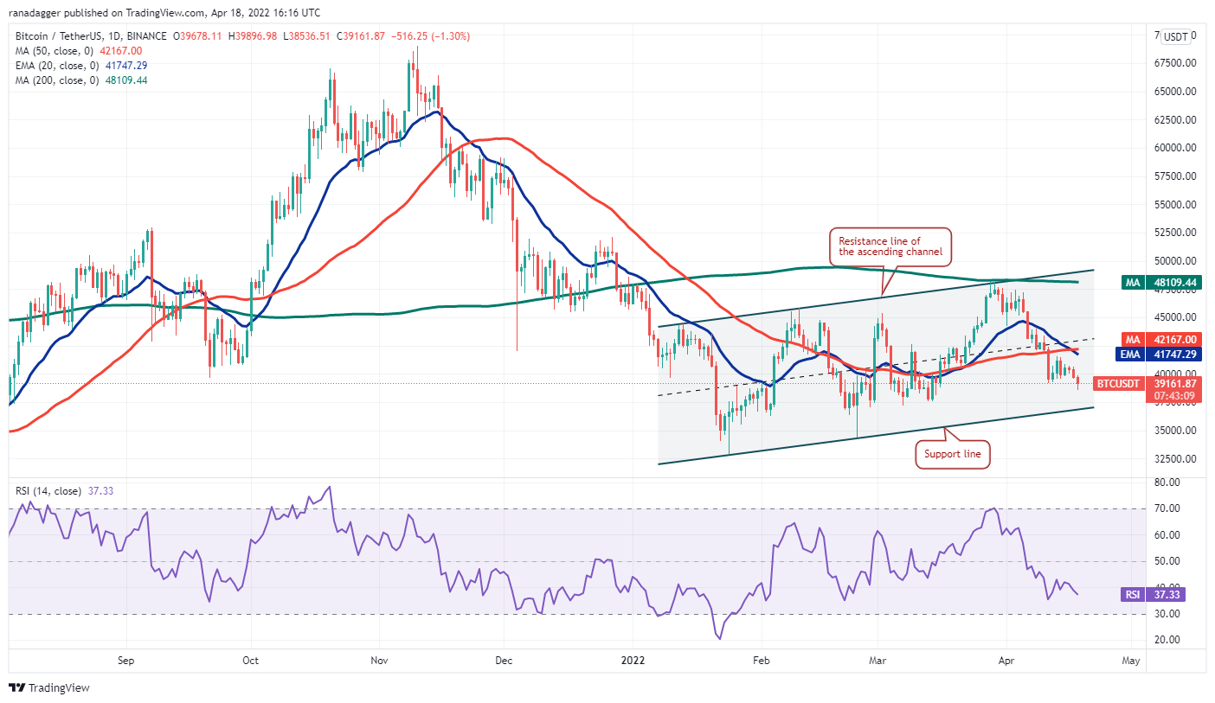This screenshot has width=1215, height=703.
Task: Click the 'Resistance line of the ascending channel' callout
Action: [890, 247]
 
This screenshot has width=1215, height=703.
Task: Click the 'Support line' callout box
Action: [952, 454]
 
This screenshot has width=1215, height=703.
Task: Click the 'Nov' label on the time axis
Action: [378, 661]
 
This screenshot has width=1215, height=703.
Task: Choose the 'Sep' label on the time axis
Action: [125, 661]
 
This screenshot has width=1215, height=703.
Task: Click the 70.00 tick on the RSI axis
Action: [1167, 508]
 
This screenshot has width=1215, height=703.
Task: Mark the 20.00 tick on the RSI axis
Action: [1167, 640]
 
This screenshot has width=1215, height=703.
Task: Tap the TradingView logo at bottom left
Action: [49, 688]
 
